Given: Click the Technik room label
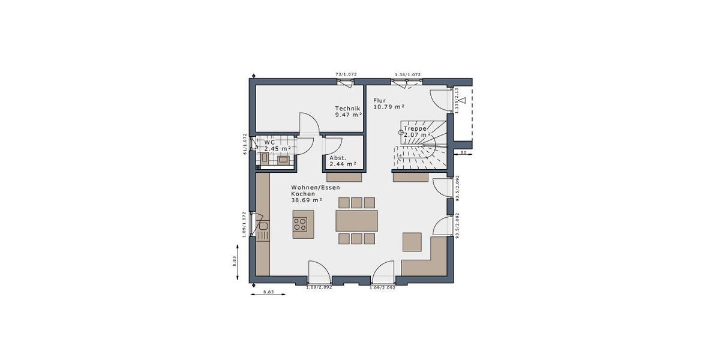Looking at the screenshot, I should coord(347,108).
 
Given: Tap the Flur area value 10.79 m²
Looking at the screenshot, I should coord(389,107).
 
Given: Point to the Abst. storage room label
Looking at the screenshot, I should coord(338,157).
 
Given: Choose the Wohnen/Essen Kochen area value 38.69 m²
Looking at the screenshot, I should coord(307,200).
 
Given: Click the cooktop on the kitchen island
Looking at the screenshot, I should coord(300,225).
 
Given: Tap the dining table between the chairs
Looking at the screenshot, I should coord(356,220).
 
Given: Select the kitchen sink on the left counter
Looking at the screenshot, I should coord(263,227).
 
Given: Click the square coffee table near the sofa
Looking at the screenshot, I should coord(412,241).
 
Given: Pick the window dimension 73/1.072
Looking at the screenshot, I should coord(346,74).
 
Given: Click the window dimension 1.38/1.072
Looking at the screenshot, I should coord(407,74).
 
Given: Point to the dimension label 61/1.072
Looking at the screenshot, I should coord(245,144).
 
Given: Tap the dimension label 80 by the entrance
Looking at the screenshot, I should coord(464,154).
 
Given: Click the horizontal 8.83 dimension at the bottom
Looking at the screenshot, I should coord(269,292).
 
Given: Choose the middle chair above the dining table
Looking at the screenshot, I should coord(356,202).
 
